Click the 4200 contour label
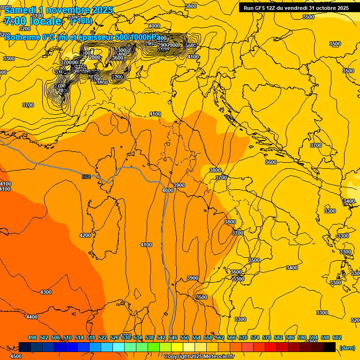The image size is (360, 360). coord(85,235)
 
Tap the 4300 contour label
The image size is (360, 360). coord(46,292)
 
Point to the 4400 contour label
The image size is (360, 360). coord(32,317)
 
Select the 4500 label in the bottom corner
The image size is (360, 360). coord(15,356)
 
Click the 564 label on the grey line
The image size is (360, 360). coord(86,176)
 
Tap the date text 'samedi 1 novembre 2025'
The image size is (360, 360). coord(59,10)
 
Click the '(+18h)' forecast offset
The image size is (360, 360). coord(81,21)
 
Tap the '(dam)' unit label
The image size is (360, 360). coord(347,347)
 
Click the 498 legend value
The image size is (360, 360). coord(32,337)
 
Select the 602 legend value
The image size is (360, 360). coord(337,337)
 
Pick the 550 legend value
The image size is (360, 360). coord(185,337)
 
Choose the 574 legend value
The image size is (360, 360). coord(255,337)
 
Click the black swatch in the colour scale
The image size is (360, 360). coord(330,347)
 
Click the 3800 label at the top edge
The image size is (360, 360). coord(191,6)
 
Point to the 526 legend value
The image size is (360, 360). coord(114,337)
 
